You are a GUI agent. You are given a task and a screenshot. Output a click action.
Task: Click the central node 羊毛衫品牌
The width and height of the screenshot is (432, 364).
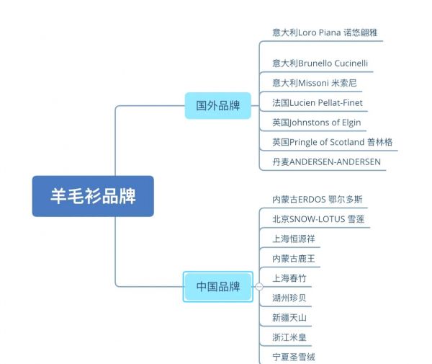coord(93,196)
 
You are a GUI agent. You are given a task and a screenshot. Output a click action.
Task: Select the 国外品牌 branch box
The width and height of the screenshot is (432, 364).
coord(218,106)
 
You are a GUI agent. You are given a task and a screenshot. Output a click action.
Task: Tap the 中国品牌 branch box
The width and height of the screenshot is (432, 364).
coord(218,286)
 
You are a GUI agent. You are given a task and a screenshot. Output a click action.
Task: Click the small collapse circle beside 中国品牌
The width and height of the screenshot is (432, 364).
coord(259,287)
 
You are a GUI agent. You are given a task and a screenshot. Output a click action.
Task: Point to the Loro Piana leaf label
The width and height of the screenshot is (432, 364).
coord(325,32)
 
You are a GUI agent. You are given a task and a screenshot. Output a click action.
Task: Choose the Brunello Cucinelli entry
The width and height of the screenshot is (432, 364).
coord(320,63)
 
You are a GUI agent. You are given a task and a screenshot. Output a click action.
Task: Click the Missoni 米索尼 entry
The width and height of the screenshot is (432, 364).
coord(315,83)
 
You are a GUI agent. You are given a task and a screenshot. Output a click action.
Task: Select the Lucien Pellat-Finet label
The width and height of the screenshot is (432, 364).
coord(318,102)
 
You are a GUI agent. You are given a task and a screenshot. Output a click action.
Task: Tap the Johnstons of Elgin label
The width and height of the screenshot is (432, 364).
coord(317,122)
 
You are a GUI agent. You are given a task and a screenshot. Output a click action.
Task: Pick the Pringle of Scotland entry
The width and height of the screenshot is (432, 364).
coord(332,142)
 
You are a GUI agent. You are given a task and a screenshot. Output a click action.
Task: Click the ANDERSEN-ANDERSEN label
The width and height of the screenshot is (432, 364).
coord(326,161)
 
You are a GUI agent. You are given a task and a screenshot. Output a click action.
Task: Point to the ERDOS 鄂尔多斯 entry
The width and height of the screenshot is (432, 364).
coord(318,199)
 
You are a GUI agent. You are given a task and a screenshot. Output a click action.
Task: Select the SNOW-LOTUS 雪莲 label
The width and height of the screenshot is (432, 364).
coord(318,219)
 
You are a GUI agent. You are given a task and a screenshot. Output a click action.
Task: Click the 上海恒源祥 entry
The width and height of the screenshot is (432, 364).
coord(294,239)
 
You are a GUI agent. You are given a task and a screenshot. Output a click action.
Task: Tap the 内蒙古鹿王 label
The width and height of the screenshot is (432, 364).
coord(294,258)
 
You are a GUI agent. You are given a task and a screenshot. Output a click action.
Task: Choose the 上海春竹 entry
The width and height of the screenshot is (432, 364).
coord(289,278)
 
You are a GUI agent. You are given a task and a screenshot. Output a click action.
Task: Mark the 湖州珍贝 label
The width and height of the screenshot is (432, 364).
coord(289,298)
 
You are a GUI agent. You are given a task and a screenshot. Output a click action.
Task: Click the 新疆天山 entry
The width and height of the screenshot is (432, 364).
coord(289,317)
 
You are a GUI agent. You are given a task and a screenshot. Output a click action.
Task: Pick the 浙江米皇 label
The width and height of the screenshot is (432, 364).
coord(289,337)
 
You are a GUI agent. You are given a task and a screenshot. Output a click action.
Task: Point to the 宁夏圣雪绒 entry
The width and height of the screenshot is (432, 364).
coord(294,357)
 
